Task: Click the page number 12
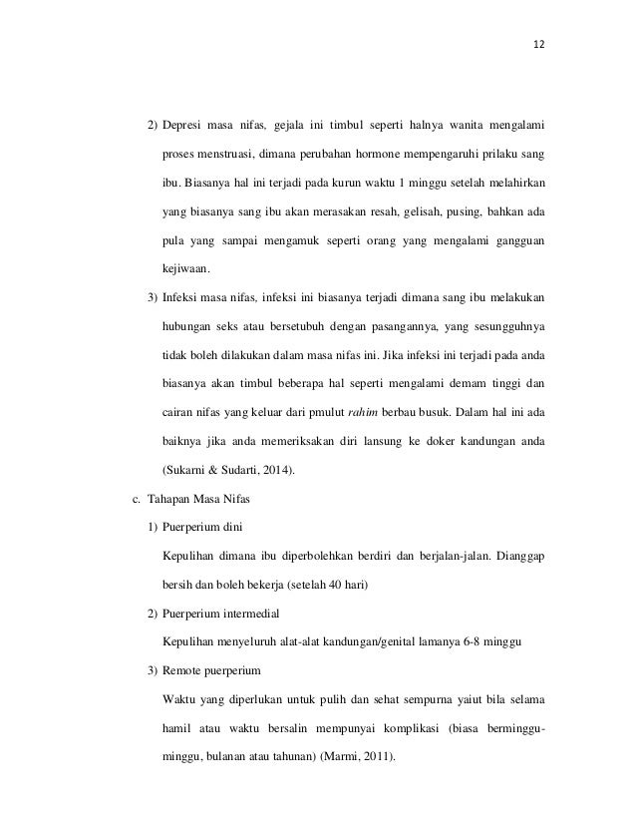pyautogui.click(x=539, y=47)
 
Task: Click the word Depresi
pyautogui.click(x=184, y=127)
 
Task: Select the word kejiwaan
pyautogui.click(x=185, y=269)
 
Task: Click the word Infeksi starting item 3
pyautogui.click(x=183, y=297)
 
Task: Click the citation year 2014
pyautogui.click(x=285, y=468)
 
